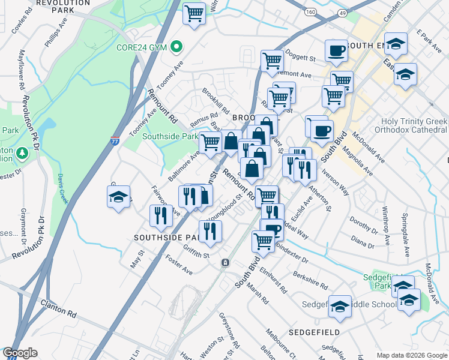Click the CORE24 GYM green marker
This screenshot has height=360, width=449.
pyautogui.click(x=176, y=46)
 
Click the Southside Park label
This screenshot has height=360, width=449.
pyautogui.click(x=170, y=136)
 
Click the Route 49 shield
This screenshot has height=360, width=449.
pyautogui.click(x=342, y=11)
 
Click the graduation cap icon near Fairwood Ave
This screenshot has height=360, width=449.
pyautogui.click(x=119, y=196)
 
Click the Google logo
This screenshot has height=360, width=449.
pyautogui.click(x=20, y=353)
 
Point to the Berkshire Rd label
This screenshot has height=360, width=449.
pyautogui.click(x=310, y=278)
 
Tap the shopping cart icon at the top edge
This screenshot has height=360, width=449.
pyautogui.click(x=194, y=13)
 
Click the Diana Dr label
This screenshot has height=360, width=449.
pyautogui.click(x=362, y=242)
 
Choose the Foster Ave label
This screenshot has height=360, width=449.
pyautogui.click(x=179, y=267)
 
